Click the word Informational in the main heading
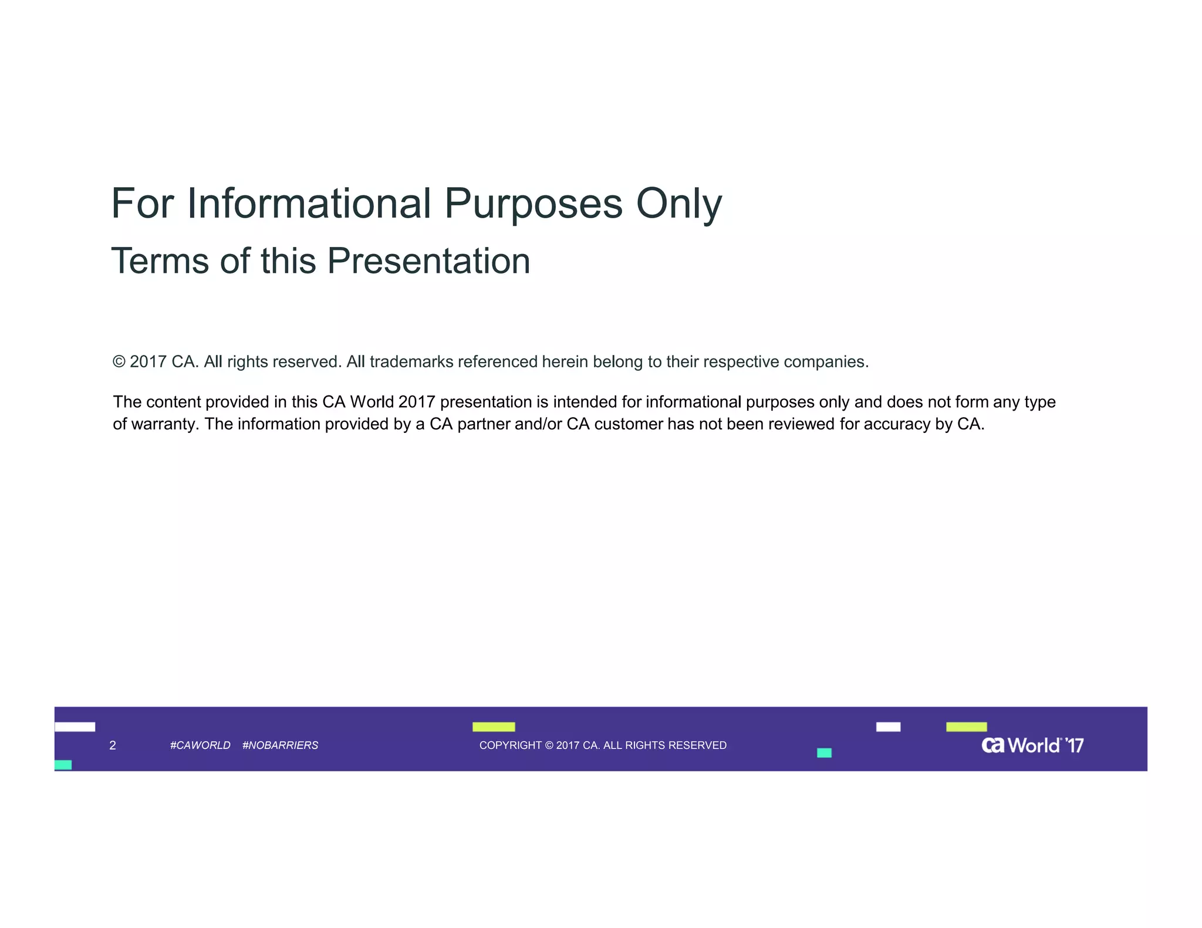tap(315, 204)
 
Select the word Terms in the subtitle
tap(160, 260)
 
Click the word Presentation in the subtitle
tap(428, 260)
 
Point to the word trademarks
tap(411, 362)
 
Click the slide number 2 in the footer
tap(113, 746)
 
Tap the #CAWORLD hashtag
tap(200, 746)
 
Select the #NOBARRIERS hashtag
tap(280, 746)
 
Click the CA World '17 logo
tap(1032, 746)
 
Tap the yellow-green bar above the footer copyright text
tap(494, 727)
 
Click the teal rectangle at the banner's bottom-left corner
tap(63, 765)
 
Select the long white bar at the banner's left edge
tap(75, 727)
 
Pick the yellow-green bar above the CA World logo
tap(966, 727)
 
